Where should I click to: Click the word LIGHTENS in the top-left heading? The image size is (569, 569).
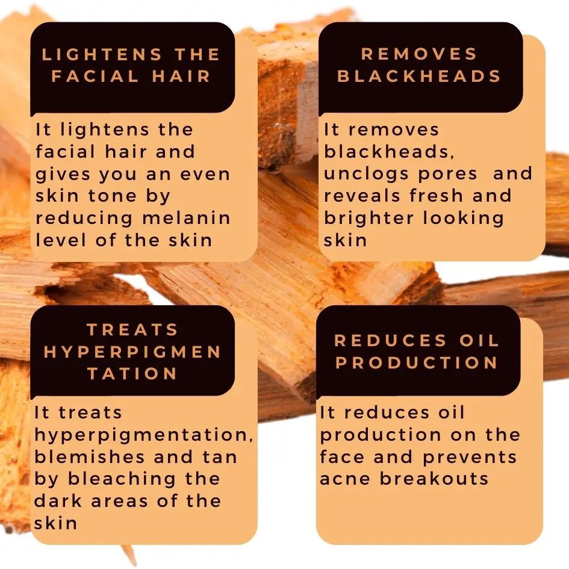click(102, 54)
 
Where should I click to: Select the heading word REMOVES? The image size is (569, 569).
click(419, 54)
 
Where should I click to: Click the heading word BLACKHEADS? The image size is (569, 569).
click(419, 76)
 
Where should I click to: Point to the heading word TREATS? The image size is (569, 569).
click(132, 330)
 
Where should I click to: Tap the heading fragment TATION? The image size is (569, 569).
click(132, 373)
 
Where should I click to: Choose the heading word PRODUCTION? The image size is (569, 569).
click(417, 362)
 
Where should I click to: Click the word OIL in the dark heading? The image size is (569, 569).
click(479, 340)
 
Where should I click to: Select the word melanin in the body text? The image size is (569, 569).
click(187, 218)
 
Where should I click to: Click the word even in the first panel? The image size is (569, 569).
click(205, 175)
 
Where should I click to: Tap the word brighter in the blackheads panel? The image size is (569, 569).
click(369, 219)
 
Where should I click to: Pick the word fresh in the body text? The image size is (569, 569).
click(437, 196)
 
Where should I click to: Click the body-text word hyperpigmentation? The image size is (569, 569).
click(144, 435)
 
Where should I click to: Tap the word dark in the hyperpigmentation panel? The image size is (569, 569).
click(58, 501)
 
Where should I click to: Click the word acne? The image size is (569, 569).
click(345, 479)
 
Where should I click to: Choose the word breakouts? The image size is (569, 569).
click(434, 479)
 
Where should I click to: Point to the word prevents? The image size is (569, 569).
click(470, 458)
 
